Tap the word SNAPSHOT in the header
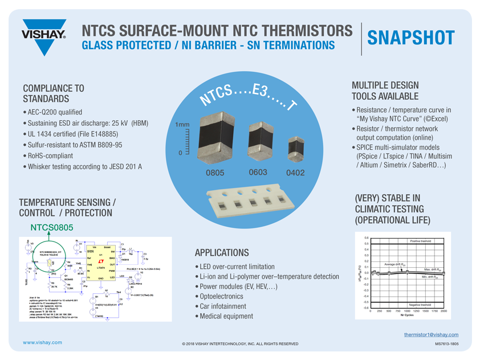pos(410,37)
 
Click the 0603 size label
pos(259,171)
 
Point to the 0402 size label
pos(295,173)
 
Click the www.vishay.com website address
pos(42,342)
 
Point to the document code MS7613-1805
pos(446,343)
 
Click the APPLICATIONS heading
pos(222,252)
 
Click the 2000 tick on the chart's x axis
pos(443,311)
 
